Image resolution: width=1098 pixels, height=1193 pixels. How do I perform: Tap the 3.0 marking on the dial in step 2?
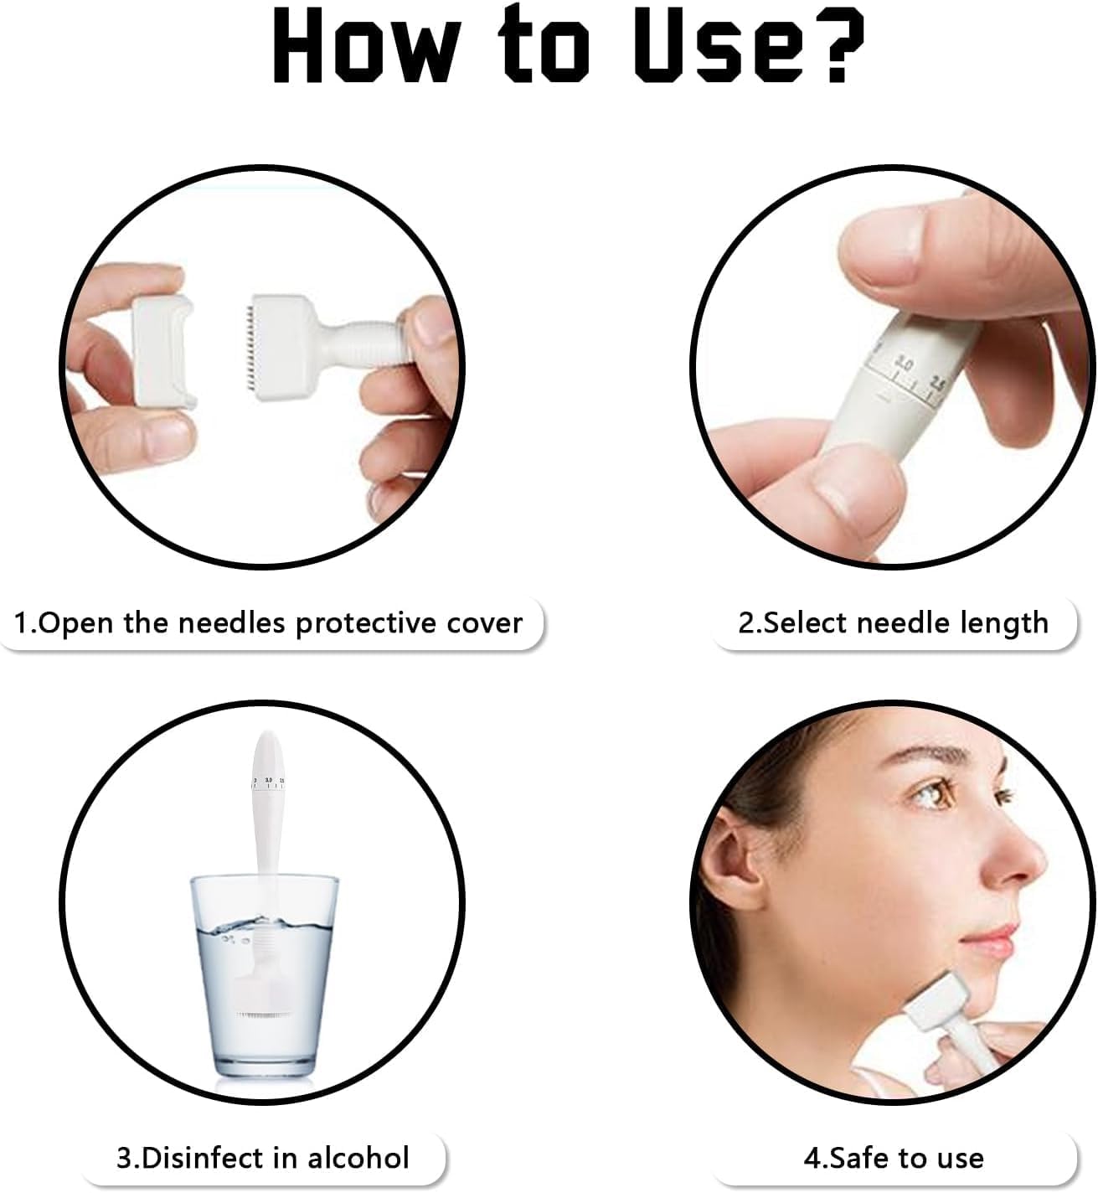[x=903, y=362]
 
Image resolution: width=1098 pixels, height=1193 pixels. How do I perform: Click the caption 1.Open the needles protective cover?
[x=269, y=623]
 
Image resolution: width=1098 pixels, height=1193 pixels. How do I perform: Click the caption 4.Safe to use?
[x=893, y=1158]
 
